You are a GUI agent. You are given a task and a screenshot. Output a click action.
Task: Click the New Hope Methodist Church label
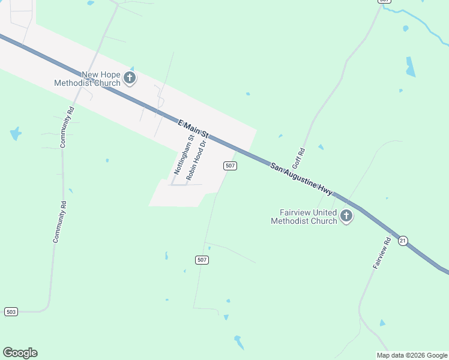pos(87,79)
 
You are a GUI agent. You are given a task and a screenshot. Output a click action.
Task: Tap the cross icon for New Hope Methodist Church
pos(130,77)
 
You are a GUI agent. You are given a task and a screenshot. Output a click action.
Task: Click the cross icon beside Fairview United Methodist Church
pos(346,216)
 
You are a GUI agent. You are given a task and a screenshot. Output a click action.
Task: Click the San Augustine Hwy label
pos(301,178)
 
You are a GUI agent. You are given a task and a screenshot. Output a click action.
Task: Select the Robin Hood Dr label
pos(196,160)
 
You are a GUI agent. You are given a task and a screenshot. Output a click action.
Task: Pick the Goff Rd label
pos(298,158)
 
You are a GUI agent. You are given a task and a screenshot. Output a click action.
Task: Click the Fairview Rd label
pos(382,253)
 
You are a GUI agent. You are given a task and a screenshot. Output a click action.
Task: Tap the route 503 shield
pos(11,311)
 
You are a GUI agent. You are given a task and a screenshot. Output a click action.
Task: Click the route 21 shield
pos(403,240)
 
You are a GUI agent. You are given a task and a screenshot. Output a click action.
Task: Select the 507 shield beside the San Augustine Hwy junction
pos(230,166)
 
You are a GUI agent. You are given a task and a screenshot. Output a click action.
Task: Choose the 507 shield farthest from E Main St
pos(202,260)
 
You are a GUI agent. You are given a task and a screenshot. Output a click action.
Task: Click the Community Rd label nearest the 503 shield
pos(59,221)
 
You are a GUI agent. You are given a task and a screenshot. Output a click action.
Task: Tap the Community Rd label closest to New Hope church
pos(67,128)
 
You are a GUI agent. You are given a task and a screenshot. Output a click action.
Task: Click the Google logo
pos(20,353)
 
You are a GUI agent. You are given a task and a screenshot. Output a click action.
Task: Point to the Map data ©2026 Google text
pos(412,355)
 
